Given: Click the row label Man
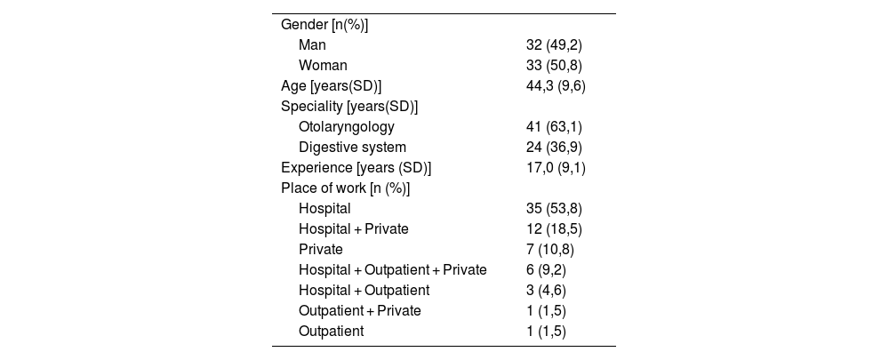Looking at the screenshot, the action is [x=312, y=44].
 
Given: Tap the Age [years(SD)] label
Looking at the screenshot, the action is [x=331, y=86].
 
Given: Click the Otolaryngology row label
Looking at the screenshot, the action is [x=347, y=127].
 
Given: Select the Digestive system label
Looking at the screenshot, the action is [x=352, y=148].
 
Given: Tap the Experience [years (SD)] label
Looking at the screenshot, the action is [x=356, y=168].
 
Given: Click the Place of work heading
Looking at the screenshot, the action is [x=345, y=188].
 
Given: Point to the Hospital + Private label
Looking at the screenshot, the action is [x=353, y=229].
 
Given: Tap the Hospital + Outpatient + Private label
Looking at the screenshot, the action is [x=392, y=270].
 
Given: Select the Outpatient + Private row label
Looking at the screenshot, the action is [x=359, y=311].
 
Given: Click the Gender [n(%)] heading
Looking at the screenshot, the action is [x=324, y=25].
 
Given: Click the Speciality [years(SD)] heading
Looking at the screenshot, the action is [x=349, y=107].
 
